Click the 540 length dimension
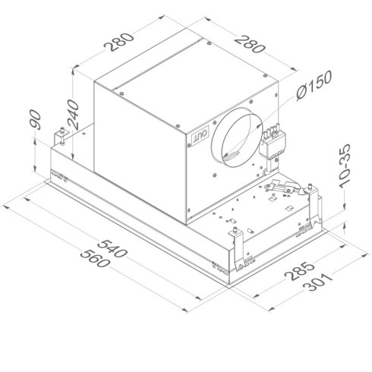coord(113,249)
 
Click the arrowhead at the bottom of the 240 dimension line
coord(74,145)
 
